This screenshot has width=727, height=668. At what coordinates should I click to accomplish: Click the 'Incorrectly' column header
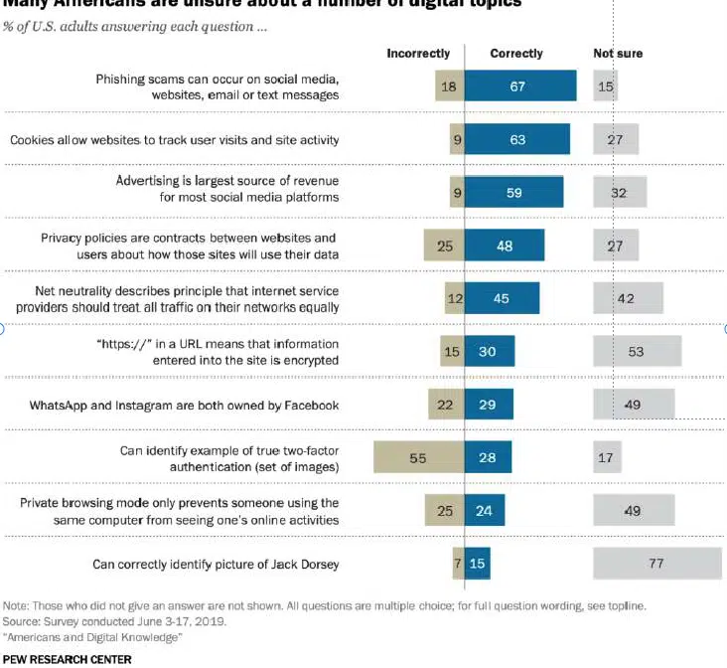tap(418, 54)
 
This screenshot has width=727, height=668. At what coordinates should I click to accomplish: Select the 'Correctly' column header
tap(516, 54)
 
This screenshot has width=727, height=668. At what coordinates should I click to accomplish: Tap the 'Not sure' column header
tap(618, 54)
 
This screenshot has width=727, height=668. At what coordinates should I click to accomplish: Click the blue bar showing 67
tap(519, 86)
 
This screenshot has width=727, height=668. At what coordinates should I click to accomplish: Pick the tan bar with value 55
tap(418, 457)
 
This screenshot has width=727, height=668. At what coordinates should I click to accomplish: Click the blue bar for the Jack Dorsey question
tap(477, 564)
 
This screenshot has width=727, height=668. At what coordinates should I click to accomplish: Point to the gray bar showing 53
tap(637, 351)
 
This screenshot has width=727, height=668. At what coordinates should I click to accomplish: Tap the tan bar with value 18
tap(449, 86)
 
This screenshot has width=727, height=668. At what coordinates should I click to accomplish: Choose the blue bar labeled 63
tap(516, 140)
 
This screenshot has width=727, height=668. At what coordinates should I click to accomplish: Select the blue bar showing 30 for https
tap(489, 351)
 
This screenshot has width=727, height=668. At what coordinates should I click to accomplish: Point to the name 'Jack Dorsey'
tap(304, 564)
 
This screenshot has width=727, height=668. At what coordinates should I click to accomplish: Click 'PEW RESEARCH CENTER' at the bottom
tap(67, 658)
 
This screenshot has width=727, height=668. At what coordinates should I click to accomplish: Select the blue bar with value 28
tap(488, 457)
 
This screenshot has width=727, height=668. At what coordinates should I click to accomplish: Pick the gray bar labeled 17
tap(607, 457)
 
